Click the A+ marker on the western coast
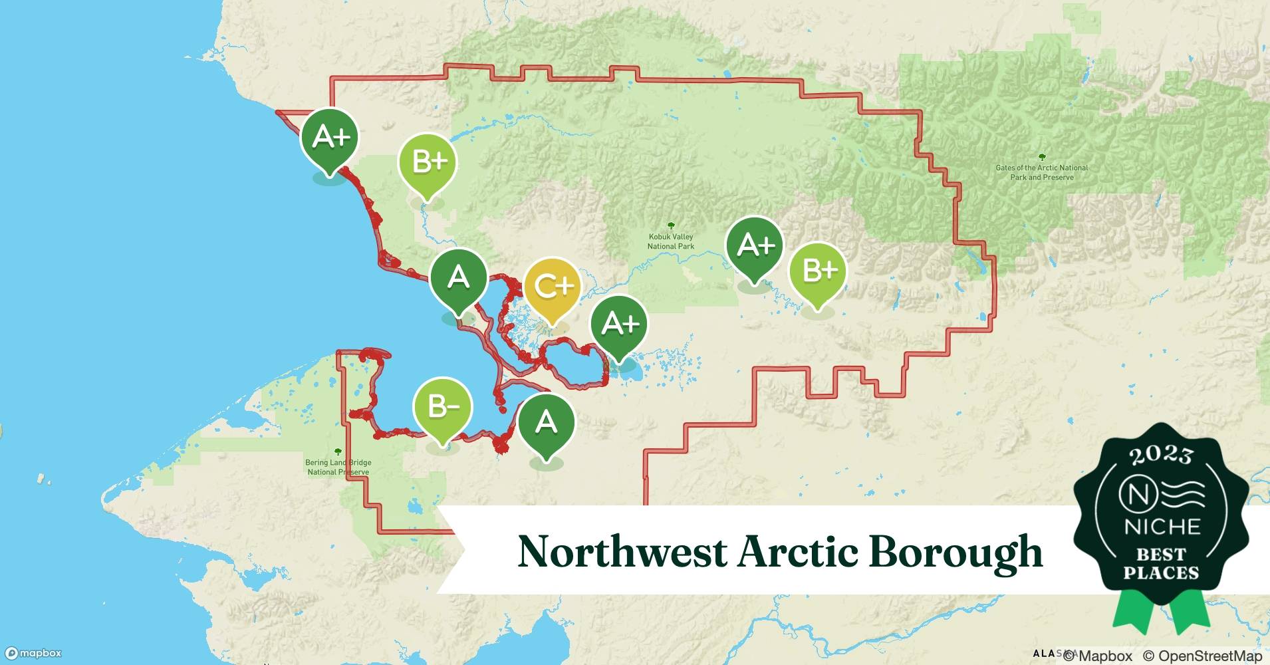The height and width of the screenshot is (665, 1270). (x=330, y=138)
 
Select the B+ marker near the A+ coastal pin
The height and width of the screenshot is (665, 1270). (x=427, y=162)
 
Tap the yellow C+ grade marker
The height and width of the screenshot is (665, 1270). (x=552, y=287)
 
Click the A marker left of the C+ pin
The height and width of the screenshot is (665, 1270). (x=458, y=277)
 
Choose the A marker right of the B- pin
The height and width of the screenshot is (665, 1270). (x=546, y=422)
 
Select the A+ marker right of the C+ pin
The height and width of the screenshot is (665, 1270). (x=620, y=324)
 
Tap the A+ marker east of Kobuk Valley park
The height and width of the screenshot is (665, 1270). (x=755, y=245)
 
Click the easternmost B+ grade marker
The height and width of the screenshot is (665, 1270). (x=818, y=271)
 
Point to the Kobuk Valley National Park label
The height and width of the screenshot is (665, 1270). (x=671, y=241)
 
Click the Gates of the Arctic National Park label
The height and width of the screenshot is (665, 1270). (x=1041, y=172)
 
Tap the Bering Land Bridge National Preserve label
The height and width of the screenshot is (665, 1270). (x=338, y=467)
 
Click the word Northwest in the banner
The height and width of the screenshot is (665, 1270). (x=622, y=552)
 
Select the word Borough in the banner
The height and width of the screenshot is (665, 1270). (x=955, y=552)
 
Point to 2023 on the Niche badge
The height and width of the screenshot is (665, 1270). (x=1161, y=455)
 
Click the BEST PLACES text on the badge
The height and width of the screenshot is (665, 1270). (x=1161, y=563)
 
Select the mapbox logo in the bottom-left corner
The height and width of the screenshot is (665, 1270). (x=33, y=653)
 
